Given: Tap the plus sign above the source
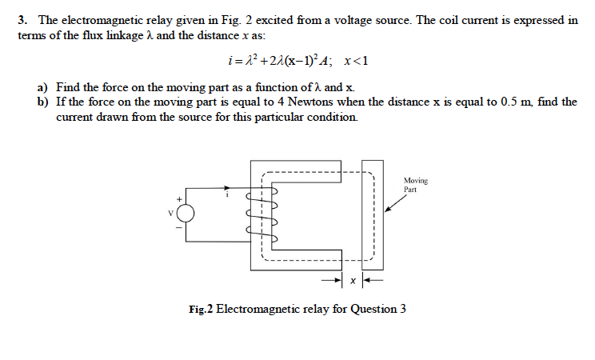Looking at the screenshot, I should [x=181, y=198].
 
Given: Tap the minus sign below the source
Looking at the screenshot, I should [x=180, y=228].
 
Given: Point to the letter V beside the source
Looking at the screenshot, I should [x=170, y=213].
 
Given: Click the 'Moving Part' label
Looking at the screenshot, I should [x=417, y=185].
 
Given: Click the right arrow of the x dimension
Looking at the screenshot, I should [x=370, y=281].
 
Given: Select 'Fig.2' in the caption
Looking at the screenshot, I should [x=202, y=310].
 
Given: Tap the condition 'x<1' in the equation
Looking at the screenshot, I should [x=355, y=61].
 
